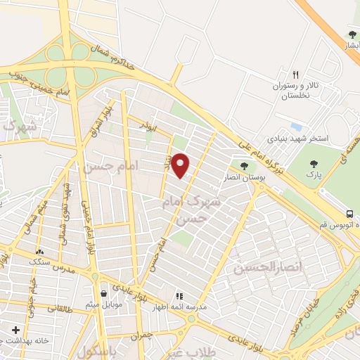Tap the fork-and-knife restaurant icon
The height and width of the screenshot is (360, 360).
296,75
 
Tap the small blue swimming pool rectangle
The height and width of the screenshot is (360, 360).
297,127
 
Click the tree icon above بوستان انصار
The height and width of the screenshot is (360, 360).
243,166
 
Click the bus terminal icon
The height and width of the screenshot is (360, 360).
349,214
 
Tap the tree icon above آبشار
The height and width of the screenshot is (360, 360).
352,34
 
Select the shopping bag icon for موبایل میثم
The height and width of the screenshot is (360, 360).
104,294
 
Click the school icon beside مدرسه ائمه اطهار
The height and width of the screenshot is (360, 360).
179,296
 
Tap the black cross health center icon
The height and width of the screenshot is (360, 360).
15,329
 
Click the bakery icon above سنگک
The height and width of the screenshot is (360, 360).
39,251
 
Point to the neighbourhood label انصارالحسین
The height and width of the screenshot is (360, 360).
261,268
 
